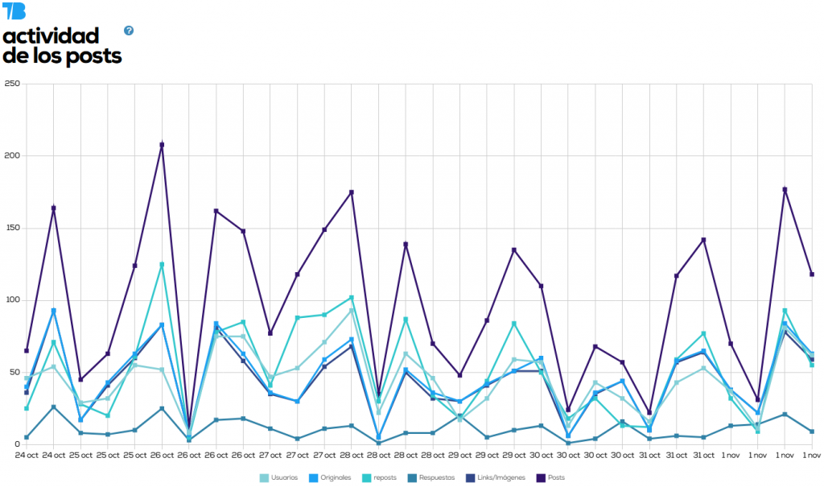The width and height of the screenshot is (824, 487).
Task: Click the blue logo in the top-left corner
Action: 14,10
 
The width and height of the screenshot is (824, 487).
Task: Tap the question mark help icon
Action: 129,31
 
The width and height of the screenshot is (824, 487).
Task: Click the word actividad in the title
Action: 51,36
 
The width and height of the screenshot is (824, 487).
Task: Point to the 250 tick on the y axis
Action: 10,84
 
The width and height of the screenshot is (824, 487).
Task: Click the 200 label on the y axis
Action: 10,156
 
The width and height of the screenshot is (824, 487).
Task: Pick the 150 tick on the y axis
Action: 10,228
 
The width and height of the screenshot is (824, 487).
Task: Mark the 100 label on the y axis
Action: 10,300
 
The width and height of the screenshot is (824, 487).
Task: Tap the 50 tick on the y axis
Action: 12,372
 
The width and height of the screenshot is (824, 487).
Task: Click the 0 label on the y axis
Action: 15,444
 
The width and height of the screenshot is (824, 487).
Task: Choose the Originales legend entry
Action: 331,478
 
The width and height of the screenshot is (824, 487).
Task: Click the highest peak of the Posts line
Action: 162,145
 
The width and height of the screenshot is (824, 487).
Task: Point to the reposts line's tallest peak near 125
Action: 162,264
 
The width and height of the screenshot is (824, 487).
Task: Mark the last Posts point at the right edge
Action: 812,274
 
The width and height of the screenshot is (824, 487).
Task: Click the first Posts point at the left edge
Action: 27,351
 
